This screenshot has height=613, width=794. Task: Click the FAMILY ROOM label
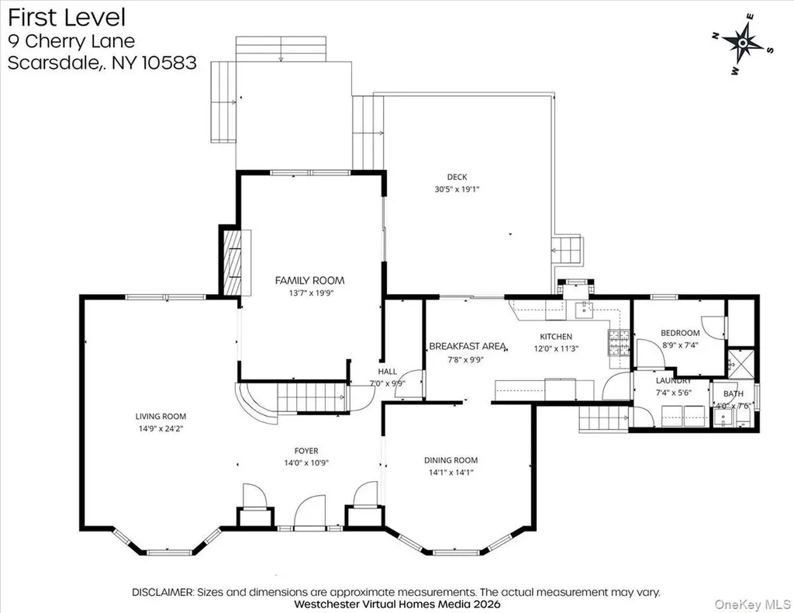coord(309,280)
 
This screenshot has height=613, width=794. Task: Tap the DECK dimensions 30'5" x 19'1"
coord(457,189)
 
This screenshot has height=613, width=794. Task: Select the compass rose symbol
coord(742,43)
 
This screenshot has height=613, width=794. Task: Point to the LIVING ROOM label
coord(161,417)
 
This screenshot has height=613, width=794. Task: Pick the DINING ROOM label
coord(451,460)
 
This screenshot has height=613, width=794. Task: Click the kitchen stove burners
coord(618,342)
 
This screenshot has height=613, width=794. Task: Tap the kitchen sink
coord(584,309)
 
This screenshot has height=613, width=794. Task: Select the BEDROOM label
coord(680,333)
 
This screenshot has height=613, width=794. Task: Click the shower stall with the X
coord(740,363)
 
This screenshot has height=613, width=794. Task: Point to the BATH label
coord(734,393)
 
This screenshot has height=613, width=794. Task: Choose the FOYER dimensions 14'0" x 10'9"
coord(306,462)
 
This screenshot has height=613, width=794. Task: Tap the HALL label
coord(388,372)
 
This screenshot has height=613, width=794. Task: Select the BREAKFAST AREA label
coord(468,347)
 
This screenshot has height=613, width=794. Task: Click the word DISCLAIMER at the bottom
coord(163,592)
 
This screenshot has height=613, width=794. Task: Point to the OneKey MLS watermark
coord(752,604)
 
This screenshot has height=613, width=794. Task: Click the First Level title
coord(67,17)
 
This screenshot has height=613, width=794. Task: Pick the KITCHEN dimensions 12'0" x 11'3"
coord(556,348)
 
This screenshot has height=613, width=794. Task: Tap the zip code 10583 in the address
coord(169,62)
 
